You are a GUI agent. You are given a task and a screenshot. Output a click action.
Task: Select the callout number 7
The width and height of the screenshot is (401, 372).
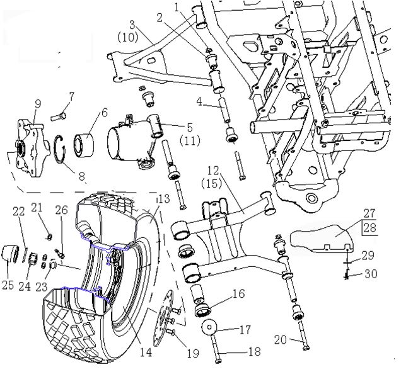pos(71,96)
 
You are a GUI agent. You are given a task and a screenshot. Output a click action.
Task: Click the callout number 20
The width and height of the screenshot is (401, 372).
pos(281,340)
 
